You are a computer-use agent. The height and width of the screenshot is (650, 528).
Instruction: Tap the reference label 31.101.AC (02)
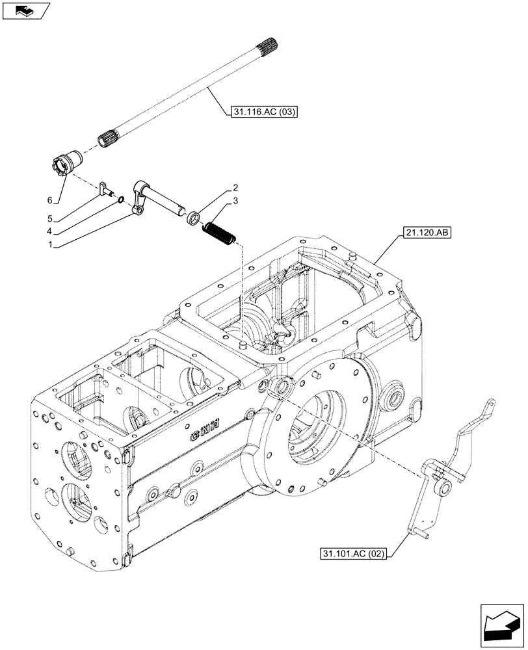pyautogui.click(x=352, y=554)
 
